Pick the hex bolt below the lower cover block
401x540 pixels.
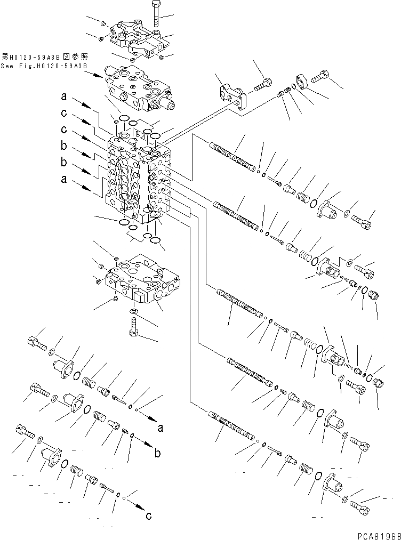tap(133, 326)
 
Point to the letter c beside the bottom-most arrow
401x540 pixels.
tap(149, 515)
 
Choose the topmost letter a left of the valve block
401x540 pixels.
tap(63, 97)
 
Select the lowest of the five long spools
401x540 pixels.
tap(230, 426)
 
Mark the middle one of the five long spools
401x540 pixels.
tap(239, 302)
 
